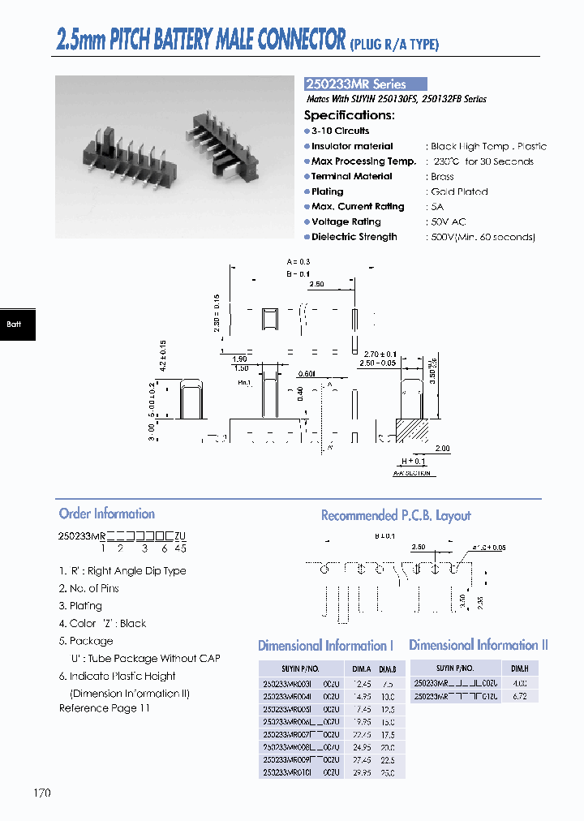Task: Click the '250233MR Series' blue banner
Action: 365,84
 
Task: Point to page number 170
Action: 42,793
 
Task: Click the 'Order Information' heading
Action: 106,514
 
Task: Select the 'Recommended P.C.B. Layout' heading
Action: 396,515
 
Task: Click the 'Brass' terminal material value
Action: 442,177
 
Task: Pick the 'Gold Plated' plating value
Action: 459,192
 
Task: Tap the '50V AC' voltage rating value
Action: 449,222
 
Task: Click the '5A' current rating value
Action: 437,207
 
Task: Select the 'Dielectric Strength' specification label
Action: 354,237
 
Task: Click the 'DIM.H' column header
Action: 519,668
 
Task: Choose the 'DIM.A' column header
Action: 361,669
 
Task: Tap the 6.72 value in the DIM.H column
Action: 519,696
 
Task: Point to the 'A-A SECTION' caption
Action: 412,473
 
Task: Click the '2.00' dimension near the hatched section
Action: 442,449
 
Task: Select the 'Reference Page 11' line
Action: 104,708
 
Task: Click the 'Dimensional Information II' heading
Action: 479,645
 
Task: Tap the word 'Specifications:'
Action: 349,115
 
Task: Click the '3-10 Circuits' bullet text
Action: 340,131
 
